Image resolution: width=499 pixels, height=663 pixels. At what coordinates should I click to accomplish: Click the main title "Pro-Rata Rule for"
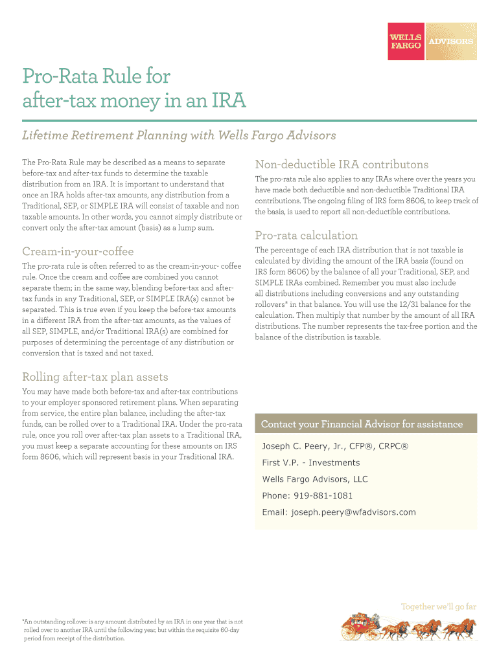click(x=96, y=76)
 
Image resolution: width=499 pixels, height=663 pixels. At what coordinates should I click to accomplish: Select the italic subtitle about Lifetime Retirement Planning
click(x=179, y=135)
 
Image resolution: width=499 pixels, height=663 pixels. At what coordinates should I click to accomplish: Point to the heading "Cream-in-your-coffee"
click(x=77, y=251)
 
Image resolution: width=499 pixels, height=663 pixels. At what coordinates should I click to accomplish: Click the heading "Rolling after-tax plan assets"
click(x=95, y=377)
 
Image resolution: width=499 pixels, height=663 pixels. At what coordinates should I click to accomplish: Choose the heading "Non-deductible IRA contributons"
click(x=342, y=164)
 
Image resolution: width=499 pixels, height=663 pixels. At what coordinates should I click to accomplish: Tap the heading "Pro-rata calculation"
click(x=306, y=235)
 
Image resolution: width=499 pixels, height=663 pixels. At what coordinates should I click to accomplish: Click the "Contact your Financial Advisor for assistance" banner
click(x=362, y=424)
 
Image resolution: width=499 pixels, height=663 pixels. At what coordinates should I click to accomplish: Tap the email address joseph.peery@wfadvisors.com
click(x=353, y=512)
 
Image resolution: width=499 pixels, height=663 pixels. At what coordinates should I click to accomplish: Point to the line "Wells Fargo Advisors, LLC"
click(x=314, y=479)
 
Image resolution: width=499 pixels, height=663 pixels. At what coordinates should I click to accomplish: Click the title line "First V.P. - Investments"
click(x=310, y=462)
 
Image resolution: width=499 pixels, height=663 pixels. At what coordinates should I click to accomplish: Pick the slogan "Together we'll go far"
click(x=439, y=607)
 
